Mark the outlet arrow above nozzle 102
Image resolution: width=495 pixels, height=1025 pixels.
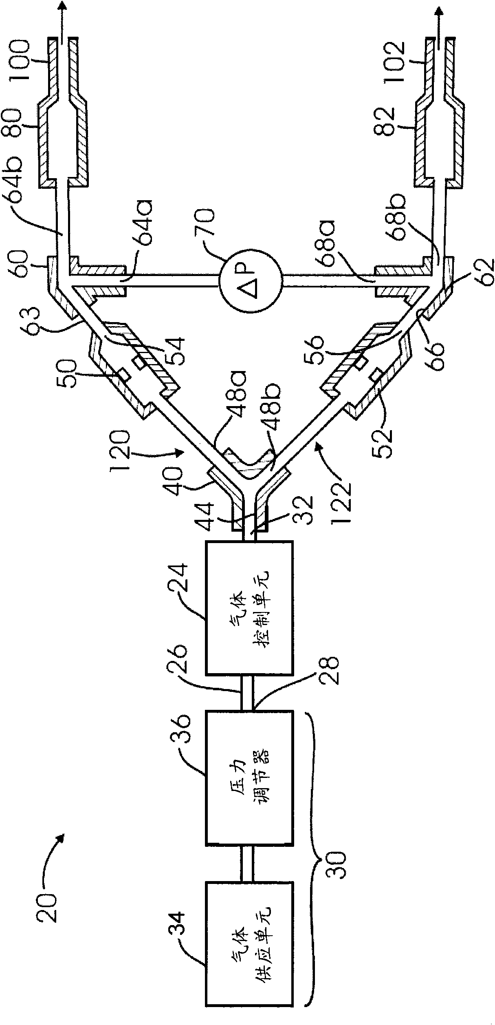coord(439,16)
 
